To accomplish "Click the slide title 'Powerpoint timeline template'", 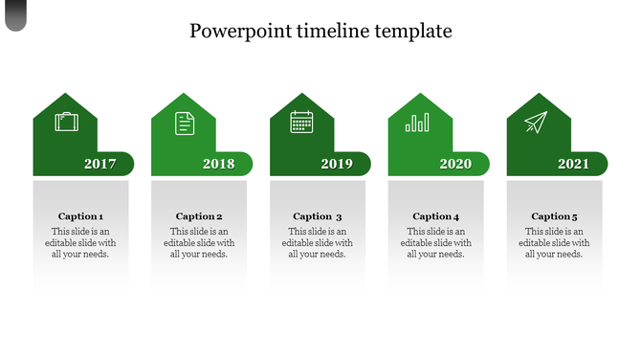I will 320,31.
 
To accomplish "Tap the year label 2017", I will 100,164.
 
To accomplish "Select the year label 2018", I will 219,164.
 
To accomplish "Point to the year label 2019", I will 337,164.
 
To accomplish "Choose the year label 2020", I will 455,164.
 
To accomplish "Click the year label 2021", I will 574,164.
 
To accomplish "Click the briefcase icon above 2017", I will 66,123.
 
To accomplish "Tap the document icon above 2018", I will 184,123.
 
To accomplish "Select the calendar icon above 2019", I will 302,123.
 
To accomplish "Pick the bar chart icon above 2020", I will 418,123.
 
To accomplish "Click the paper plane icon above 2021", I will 536,123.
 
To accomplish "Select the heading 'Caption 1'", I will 80,216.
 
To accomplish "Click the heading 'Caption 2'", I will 199,216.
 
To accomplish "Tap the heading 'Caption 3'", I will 318,216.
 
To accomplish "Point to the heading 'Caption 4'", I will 436,216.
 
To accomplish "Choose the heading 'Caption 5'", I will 555,216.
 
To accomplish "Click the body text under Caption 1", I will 80,243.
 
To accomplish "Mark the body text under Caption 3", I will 318,243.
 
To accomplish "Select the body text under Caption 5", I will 555,243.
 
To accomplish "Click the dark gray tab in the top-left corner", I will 14,14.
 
